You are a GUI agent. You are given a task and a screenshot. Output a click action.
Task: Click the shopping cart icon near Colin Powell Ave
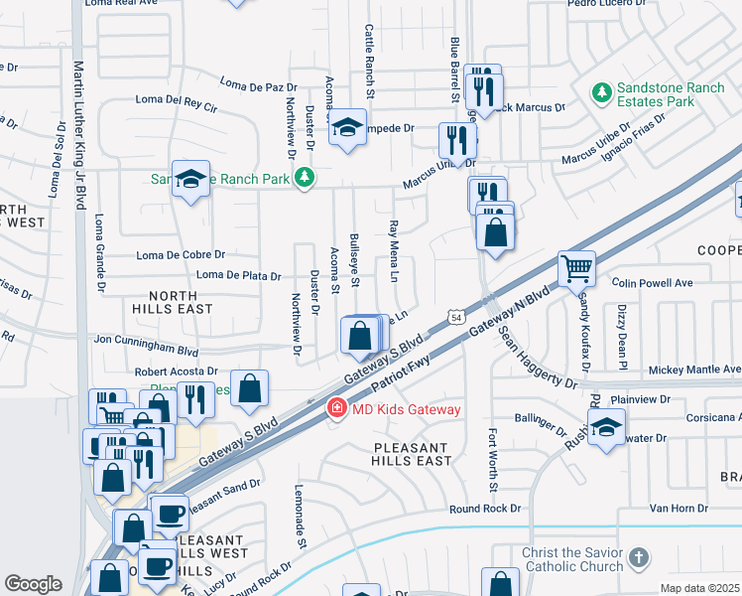coord(576,267)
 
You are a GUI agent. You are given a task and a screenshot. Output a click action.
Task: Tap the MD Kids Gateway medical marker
coord(336,409)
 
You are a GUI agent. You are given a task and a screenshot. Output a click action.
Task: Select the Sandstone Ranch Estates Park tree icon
coord(600,93)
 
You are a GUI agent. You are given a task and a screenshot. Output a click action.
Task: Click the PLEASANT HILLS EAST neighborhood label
coord(399,454)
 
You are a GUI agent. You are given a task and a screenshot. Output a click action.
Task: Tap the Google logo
coord(33,584)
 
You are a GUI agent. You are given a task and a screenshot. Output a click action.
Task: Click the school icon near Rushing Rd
coord(606,427)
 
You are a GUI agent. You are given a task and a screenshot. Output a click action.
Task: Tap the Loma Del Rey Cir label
coord(176,103)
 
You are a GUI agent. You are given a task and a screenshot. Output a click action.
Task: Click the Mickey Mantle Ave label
coord(693,370)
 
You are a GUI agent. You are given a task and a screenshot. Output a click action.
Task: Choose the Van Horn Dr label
coord(679,508)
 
